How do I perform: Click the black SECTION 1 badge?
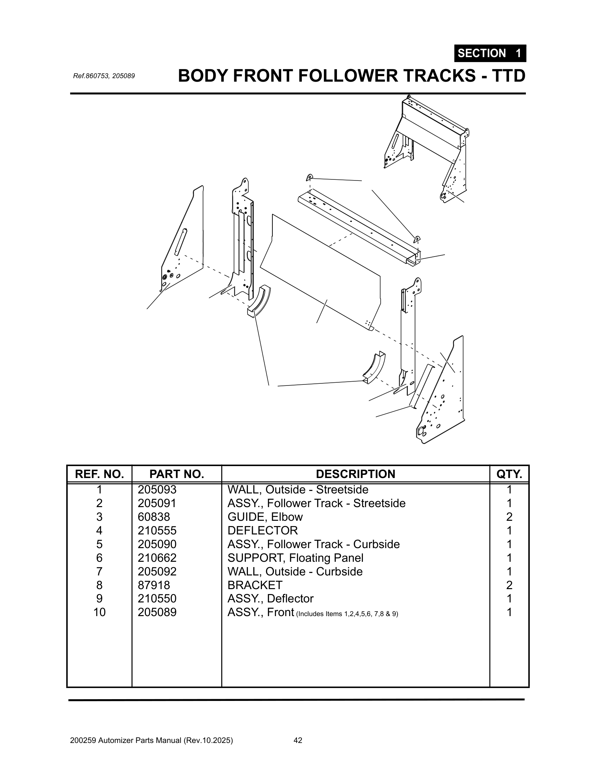pyautogui.click(x=490, y=53)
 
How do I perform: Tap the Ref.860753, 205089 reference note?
pyautogui.click(x=104, y=76)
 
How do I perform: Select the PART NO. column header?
pyautogui.click(x=177, y=474)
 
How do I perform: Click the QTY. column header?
pyautogui.click(x=509, y=474)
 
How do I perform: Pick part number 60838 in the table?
pyautogui.click(x=154, y=517)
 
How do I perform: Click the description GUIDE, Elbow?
pyautogui.click(x=265, y=517)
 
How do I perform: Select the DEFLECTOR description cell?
pyautogui.click(x=263, y=531)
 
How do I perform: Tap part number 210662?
pyautogui.click(x=157, y=558)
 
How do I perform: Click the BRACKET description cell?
pyautogui.click(x=255, y=585)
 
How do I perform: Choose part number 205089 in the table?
pyautogui.click(x=157, y=612)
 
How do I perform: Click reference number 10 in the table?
pyautogui.click(x=99, y=612)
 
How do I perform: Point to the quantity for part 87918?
pyautogui.click(x=509, y=585)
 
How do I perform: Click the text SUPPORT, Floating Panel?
pyautogui.click(x=295, y=558)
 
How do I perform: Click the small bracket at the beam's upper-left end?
pyautogui.click(x=309, y=177)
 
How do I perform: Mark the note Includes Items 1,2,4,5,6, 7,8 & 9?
pyautogui.click(x=347, y=614)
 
